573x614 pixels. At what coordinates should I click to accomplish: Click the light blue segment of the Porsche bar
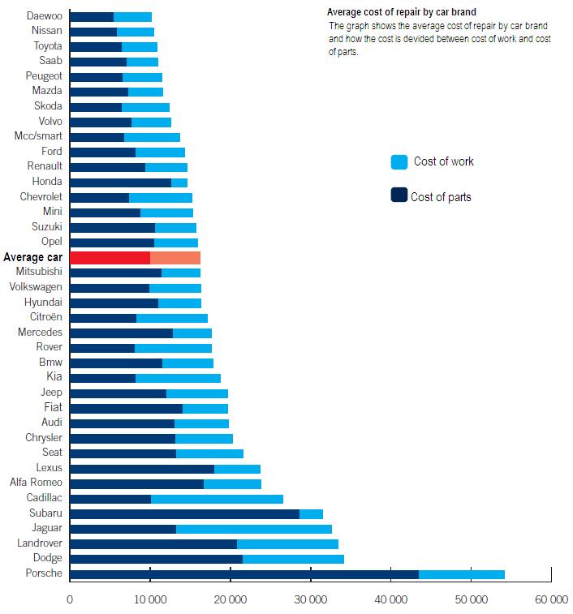462,574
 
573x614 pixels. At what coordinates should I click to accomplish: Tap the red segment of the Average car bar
110,257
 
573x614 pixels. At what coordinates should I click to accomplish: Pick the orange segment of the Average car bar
175,257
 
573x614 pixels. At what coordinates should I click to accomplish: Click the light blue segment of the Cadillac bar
217,499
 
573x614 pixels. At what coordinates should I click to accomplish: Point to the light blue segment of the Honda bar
179,182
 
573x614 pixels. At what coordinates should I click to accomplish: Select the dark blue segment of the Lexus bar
142,469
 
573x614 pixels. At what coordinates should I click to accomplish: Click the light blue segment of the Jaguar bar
254,529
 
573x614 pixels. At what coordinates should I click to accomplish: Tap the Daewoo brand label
44,16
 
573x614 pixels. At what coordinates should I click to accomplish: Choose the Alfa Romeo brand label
37,483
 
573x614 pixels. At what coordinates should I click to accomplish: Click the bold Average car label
32,257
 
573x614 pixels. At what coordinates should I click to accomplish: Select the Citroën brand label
45,318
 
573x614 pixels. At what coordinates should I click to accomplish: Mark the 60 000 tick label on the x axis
550,600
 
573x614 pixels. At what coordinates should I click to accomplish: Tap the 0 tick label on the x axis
70,600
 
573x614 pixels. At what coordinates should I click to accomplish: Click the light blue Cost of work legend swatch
399,162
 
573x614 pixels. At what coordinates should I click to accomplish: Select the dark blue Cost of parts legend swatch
399,195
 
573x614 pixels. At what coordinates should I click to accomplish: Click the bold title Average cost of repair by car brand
401,12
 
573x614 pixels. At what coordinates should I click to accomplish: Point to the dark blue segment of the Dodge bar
156,559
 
